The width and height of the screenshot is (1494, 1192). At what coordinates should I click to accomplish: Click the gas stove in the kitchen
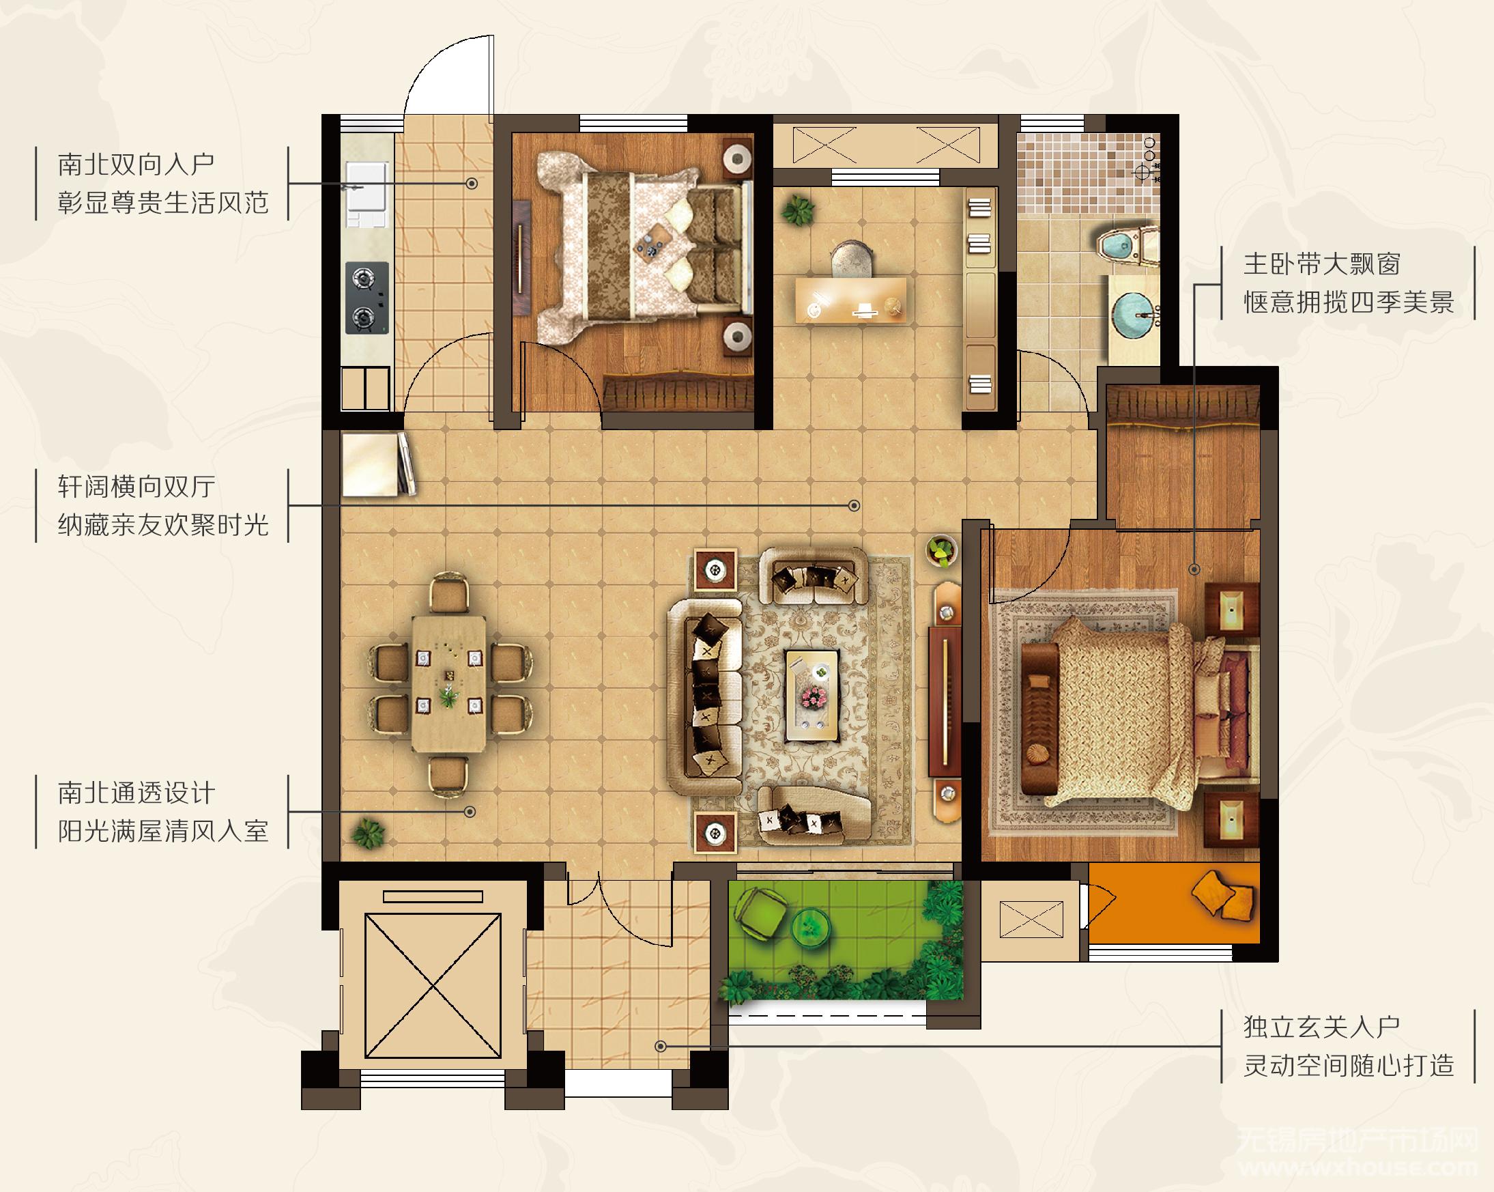click(x=367, y=298)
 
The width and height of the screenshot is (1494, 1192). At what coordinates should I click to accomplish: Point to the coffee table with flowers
click(x=812, y=696)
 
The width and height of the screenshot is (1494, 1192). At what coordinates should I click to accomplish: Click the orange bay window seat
click(x=1174, y=903)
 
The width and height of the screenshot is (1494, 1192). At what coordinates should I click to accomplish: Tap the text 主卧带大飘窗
click(x=1319, y=265)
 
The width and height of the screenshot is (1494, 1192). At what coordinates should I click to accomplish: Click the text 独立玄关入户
click(x=1319, y=1027)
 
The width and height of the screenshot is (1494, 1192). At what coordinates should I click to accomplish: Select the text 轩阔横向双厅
click(x=136, y=487)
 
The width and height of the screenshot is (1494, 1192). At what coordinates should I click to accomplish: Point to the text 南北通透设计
click(x=136, y=793)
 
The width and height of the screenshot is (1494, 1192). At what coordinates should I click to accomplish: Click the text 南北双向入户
click(x=136, y=165)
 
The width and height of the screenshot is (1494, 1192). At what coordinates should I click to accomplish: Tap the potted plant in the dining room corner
click(x=368, y=833)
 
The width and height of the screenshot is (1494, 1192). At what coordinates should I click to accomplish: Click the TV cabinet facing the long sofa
click(x=945, y=703)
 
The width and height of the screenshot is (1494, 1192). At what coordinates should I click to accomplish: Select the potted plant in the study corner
click(x=799, y=208)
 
